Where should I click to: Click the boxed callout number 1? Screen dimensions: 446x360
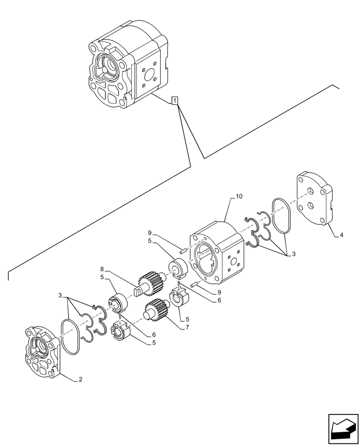[176, 101]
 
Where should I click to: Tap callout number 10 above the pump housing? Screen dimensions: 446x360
[239, 196]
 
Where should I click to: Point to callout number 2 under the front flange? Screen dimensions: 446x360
[80, 380]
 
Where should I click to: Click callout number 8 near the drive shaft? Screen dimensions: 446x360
[102, 269]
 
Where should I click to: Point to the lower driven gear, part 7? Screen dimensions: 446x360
[156, 311]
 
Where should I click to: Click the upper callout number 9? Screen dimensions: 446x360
[150, 233]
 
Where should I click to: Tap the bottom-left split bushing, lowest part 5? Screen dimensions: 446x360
[120, 330]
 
